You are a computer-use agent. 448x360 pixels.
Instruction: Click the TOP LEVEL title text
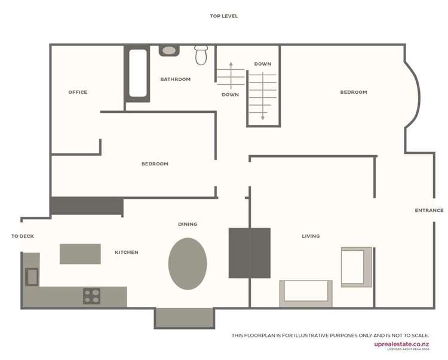click(x=223, y=16)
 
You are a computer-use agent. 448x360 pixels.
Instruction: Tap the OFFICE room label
click(x=78, y=92)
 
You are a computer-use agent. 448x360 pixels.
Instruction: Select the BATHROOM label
click(x=176, y=79)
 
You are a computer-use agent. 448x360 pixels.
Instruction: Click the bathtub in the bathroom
click(x=138, y=72)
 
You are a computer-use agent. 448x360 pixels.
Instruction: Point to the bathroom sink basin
click(x=170, y=51)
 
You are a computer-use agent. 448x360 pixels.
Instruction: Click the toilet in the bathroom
click(x=201, y=56)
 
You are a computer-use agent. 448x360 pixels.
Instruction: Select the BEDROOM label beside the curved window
click(x=354, y=92)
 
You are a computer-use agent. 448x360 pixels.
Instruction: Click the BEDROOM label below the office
click(x=155, y=164)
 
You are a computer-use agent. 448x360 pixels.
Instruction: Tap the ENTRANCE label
click(x=429, y=210)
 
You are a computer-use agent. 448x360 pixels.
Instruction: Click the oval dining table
click(x=188, y=263)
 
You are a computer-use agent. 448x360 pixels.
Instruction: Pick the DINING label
click(x=188, y=224)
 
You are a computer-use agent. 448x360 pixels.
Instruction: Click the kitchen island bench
click(x=80, y=254)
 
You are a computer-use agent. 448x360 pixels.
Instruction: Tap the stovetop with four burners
click(x=92, y=296)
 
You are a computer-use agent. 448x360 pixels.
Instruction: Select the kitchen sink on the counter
click(x=32, y=276)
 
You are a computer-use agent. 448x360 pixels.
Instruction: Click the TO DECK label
click(x=23, y=236)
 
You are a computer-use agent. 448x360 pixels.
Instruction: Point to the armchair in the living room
click(x=356, y=266)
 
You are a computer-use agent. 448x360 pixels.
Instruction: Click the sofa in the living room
click(x=306, y=293)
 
